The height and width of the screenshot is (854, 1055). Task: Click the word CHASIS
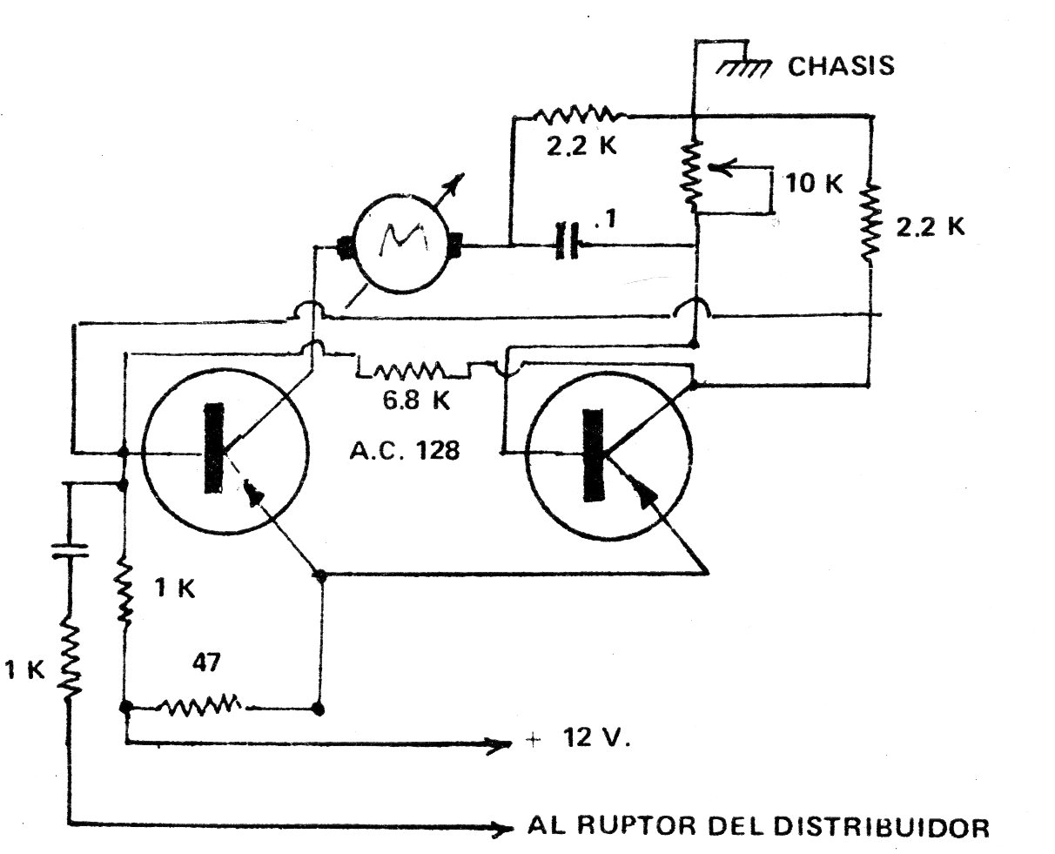click(x=841, y=66)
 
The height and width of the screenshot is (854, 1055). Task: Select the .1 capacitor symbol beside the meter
click(x=567, y=245)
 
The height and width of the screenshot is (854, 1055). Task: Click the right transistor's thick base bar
click(x=595, y=454)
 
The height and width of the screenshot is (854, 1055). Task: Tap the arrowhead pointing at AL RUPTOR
click(x=498, y=830)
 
